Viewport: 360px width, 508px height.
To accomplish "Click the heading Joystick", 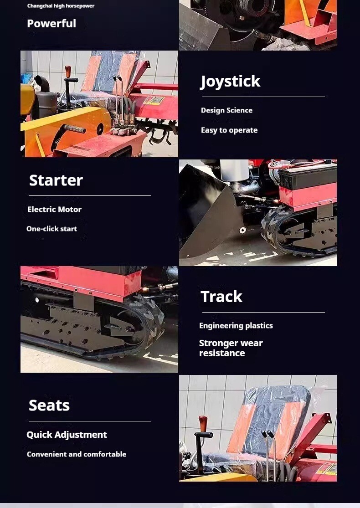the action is (231, 82).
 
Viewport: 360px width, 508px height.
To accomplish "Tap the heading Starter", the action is (56, 180).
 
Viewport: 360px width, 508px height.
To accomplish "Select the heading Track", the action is (221, 297).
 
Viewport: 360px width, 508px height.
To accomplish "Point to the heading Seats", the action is (49, 405).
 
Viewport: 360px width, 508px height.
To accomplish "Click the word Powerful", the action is (51, 23).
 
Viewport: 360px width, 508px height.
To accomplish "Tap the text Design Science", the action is (226, 110).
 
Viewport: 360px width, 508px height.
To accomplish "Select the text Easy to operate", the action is (229, 130).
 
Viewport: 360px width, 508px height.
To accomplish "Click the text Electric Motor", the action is (54, 209).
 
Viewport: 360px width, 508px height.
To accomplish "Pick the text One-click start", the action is (52, 229).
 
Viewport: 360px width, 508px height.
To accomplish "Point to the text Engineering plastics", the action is (236, 326).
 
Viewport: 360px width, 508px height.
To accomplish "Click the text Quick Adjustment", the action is (67, 435).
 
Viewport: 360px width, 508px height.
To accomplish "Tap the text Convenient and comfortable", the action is (77, 454).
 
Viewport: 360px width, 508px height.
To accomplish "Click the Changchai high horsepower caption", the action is (61, 6).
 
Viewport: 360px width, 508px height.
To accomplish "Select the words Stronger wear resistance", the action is (231, 348).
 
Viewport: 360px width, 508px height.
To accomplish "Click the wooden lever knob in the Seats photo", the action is (203, 423).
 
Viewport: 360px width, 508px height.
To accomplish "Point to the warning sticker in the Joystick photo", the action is (154, 100).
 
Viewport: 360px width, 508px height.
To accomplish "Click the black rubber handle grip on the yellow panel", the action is (75, 129).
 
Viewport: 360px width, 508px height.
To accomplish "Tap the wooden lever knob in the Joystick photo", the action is (68, 72).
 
